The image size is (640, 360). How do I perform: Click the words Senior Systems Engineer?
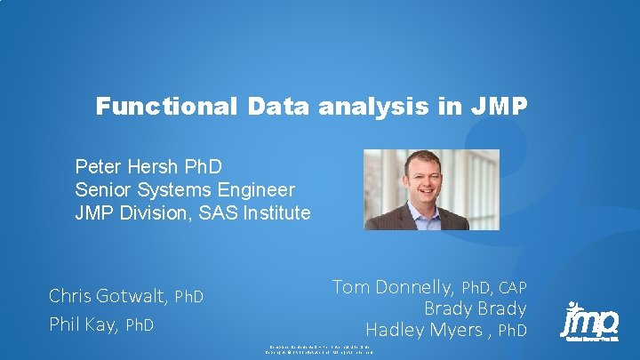point(185,189)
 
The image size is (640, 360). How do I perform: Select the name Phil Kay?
point(84,324)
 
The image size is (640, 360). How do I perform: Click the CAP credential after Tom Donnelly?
point(512,287)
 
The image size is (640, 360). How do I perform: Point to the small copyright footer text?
point(320,349)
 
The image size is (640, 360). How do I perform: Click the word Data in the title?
point(276,108)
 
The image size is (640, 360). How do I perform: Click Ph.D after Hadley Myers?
point(512,332)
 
